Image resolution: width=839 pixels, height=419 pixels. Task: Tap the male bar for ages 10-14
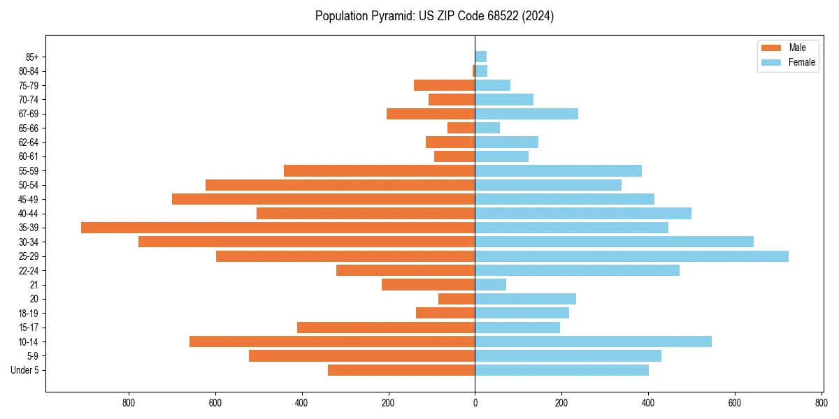tap(332, 341)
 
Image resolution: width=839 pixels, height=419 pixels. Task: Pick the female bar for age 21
tap(490, 285)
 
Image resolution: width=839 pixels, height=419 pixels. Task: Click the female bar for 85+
tap(480, 57)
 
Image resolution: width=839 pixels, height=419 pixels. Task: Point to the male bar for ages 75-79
tap(444, 85)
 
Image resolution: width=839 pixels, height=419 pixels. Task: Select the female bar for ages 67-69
tap(526, 114)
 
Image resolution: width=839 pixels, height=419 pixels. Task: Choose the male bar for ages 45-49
tap(323, 199)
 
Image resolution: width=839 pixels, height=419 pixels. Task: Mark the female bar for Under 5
tap(561, 370)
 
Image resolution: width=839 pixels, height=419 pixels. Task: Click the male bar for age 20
tap(457, 299)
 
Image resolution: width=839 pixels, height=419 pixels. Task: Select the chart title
tap(434, 16)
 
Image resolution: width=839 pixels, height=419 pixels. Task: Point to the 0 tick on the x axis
tap(475, 402)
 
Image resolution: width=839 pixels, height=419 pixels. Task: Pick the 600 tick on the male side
tap(215, 402)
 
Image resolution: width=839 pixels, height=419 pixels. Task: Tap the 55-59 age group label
tap(29, 171)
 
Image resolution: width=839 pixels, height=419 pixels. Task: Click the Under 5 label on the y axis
tap(24, 370)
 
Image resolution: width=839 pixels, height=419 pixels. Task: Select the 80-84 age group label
tap(29, 71)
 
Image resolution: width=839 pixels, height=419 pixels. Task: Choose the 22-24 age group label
tap(29, 271)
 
